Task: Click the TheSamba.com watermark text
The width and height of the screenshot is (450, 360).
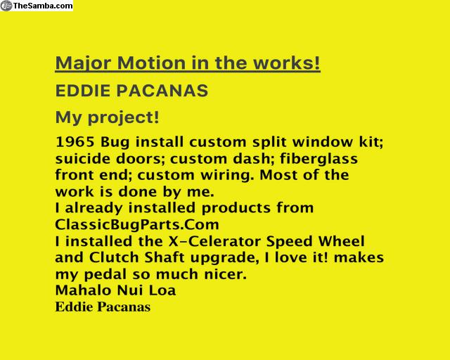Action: [43, 6]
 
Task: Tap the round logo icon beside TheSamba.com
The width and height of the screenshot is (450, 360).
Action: [6, 6]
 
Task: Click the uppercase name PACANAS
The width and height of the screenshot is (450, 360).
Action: [162, 91]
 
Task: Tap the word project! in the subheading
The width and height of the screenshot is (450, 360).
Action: [124, 117]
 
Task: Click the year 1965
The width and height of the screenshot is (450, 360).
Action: [75, 142]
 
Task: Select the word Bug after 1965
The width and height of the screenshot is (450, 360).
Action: [115, 143]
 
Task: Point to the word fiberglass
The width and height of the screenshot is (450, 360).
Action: [319, 159]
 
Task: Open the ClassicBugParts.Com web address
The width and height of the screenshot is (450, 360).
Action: [137, 224]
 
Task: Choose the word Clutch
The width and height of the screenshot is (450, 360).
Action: [114, 257]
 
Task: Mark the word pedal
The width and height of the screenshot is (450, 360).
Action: [105, 274]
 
